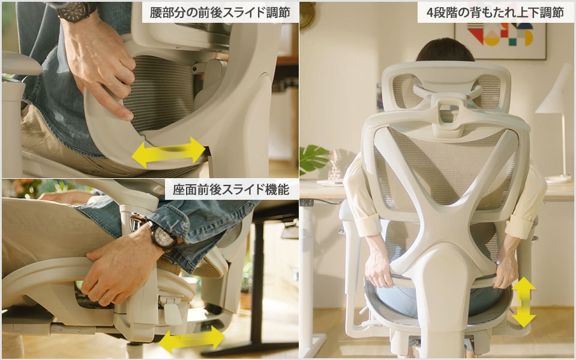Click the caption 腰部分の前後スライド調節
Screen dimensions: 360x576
[220, 13]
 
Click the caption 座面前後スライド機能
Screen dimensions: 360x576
[231, 190]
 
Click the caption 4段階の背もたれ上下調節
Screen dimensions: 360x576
[495, 13]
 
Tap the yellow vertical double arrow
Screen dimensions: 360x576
[523, 301]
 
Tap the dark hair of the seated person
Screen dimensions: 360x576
[445, 50]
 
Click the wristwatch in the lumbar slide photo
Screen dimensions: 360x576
[75, 10]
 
